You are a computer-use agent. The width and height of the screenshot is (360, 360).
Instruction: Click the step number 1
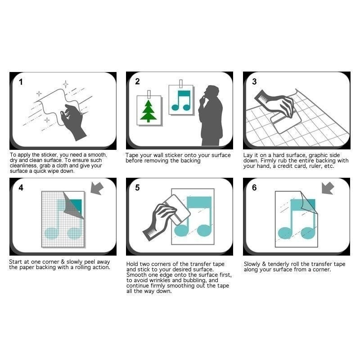[x=21, y=82]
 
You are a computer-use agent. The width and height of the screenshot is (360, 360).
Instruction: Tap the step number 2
[x=137, y=81]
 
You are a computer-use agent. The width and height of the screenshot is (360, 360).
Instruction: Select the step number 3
[x=254, y=81]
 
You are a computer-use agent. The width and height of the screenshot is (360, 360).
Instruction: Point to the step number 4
[x=21, y=188]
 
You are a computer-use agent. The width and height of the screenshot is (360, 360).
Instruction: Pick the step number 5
[x=137, y=188]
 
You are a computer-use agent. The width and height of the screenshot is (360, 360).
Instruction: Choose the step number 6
[x=254, y=188]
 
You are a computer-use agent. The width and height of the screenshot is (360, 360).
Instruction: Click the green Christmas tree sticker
[x=148, y=111]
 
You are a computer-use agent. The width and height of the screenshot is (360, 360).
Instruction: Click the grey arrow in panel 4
[x=97, y=188]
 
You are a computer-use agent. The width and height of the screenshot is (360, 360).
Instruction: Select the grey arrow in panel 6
[x=328, y=188]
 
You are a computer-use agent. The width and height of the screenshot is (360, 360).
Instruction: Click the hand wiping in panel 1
[x=73, y=121]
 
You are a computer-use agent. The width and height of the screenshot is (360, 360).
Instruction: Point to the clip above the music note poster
[x=181, y=84]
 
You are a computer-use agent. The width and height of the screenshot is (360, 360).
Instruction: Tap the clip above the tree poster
[x=149, y=94]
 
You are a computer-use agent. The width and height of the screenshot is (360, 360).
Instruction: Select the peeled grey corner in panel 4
[x=72, y=206]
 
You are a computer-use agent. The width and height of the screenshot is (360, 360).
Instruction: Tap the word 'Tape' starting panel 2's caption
[x=132, y=155]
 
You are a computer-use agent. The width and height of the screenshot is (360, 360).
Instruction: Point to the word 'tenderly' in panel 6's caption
[x=279, y=264]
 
